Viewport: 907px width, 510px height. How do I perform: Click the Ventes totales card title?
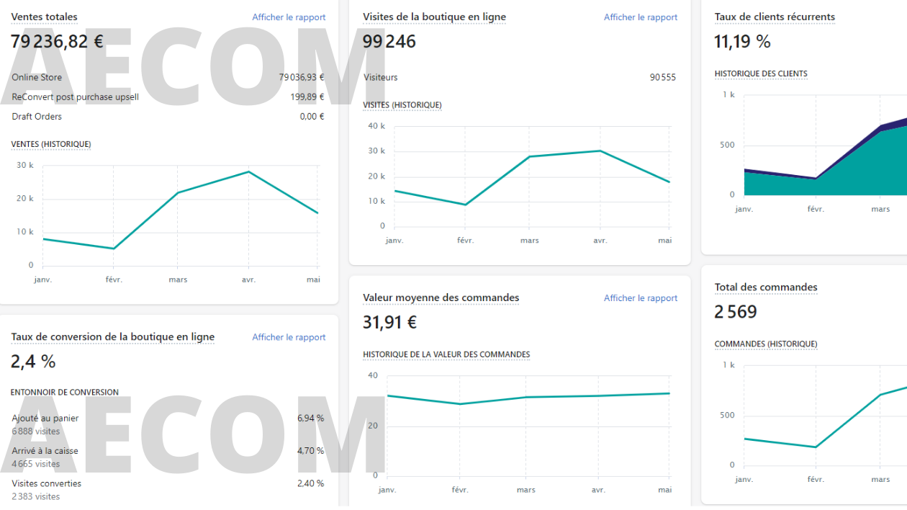tap(44, 17)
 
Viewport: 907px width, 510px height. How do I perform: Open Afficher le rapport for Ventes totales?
tap(289, 17)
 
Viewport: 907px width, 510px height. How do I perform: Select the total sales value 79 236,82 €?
tap(57, 42)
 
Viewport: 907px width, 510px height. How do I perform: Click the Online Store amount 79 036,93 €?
tap(301, 78)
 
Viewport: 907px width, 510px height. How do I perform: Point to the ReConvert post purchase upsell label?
tap(75, 97)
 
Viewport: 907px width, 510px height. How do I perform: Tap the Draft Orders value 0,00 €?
tap(312, 117)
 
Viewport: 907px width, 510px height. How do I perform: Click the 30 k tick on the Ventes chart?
tap(25, 166)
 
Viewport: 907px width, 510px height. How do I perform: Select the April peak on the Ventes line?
tap(248, 171)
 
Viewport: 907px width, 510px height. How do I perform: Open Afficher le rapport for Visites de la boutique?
tap(640, 17)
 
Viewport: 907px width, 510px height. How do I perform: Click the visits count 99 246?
tap(389, 42)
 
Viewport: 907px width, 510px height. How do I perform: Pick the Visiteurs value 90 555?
tap(662, 78)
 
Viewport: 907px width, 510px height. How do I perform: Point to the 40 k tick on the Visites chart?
tap(376, 126)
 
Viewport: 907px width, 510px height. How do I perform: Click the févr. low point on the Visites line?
tap(465, 205)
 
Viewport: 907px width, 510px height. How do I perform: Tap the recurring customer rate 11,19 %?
tap(742, 42)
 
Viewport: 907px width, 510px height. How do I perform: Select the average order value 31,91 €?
tap(389, 323)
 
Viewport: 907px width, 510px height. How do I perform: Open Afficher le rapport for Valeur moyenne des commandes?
tap(640, 298)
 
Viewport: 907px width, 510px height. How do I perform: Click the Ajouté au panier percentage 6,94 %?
tap(310, 419)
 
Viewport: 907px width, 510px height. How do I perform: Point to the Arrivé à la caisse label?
tap(45, 451)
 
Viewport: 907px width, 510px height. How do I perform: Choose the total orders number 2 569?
tap(736, 312)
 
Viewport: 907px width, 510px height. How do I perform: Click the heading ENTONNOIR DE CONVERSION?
tap(65, 393)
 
